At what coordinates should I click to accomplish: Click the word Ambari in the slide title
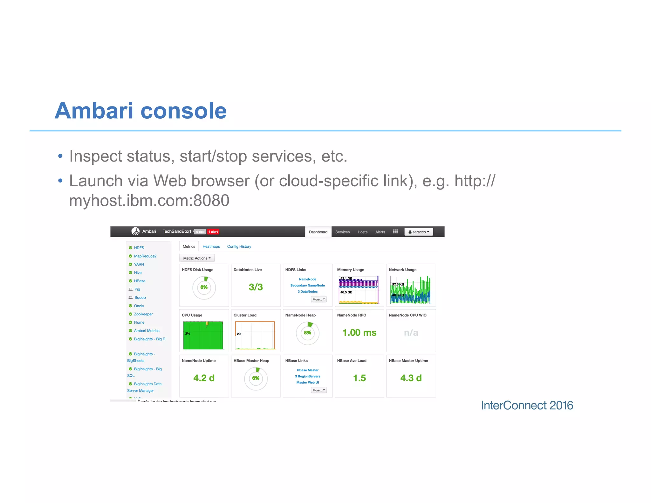(x=94, y=111)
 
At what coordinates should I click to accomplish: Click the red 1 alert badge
(x=213, y=232)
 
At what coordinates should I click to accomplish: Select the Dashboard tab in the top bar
(x=318, y=232)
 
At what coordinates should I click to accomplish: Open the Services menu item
(x=342, y=232)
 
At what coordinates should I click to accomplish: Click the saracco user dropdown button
(x=418, y=232)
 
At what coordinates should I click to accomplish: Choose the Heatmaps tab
(x=211, y=246)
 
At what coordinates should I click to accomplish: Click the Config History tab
(x=239, y=246)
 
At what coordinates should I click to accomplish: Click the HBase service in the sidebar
(x=140, y=281)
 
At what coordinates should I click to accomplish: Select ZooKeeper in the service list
(x=143, y=314)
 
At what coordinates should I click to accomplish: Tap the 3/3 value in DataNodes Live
(x=256, y=287)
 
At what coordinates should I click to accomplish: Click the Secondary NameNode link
(x=307, y=285)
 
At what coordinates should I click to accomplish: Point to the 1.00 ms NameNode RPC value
(x=359, y=333)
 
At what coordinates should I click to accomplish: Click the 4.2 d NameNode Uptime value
(x=204, y=378)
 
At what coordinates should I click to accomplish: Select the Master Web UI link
(x=307, y=382)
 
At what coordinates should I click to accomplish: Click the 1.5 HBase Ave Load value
(x=359, y=378)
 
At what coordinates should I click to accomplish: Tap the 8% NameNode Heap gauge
(x=307, y=333)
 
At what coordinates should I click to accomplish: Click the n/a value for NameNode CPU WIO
(x=411, y=333)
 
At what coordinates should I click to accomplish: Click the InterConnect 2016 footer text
(x=527, y=405)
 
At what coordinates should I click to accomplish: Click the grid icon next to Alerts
(x=395, y=231)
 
